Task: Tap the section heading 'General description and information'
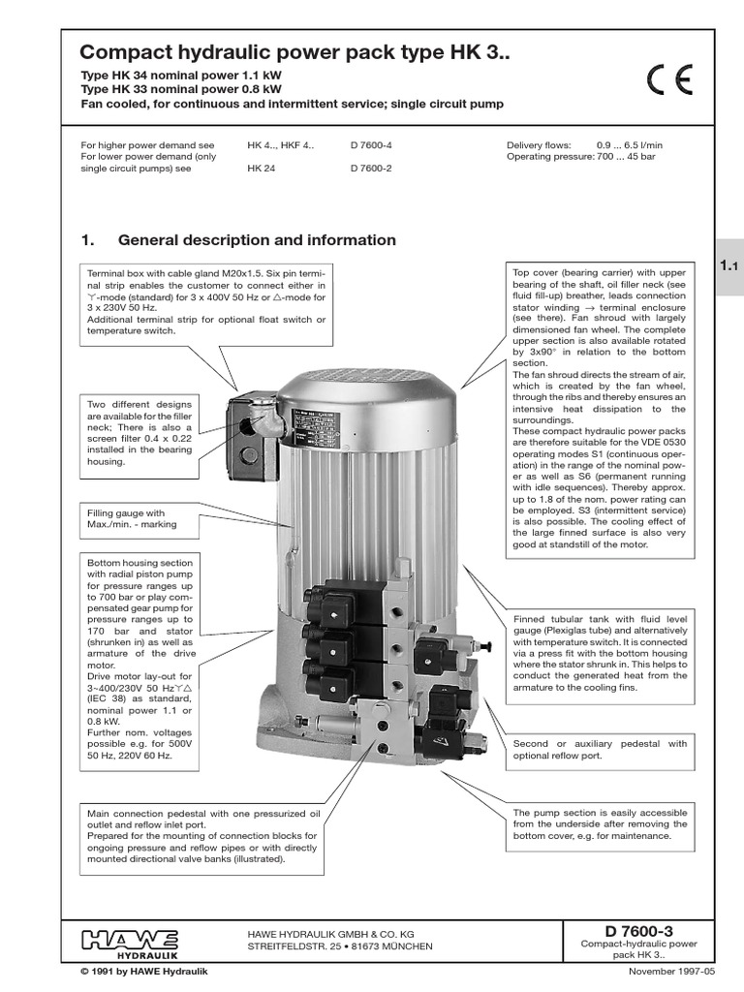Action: (x=257, y=240)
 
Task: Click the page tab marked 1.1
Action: (x=728, y=265)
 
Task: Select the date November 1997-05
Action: (x=671, y=971)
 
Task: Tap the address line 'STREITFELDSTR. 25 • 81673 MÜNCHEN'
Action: (x=341, y=945)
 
